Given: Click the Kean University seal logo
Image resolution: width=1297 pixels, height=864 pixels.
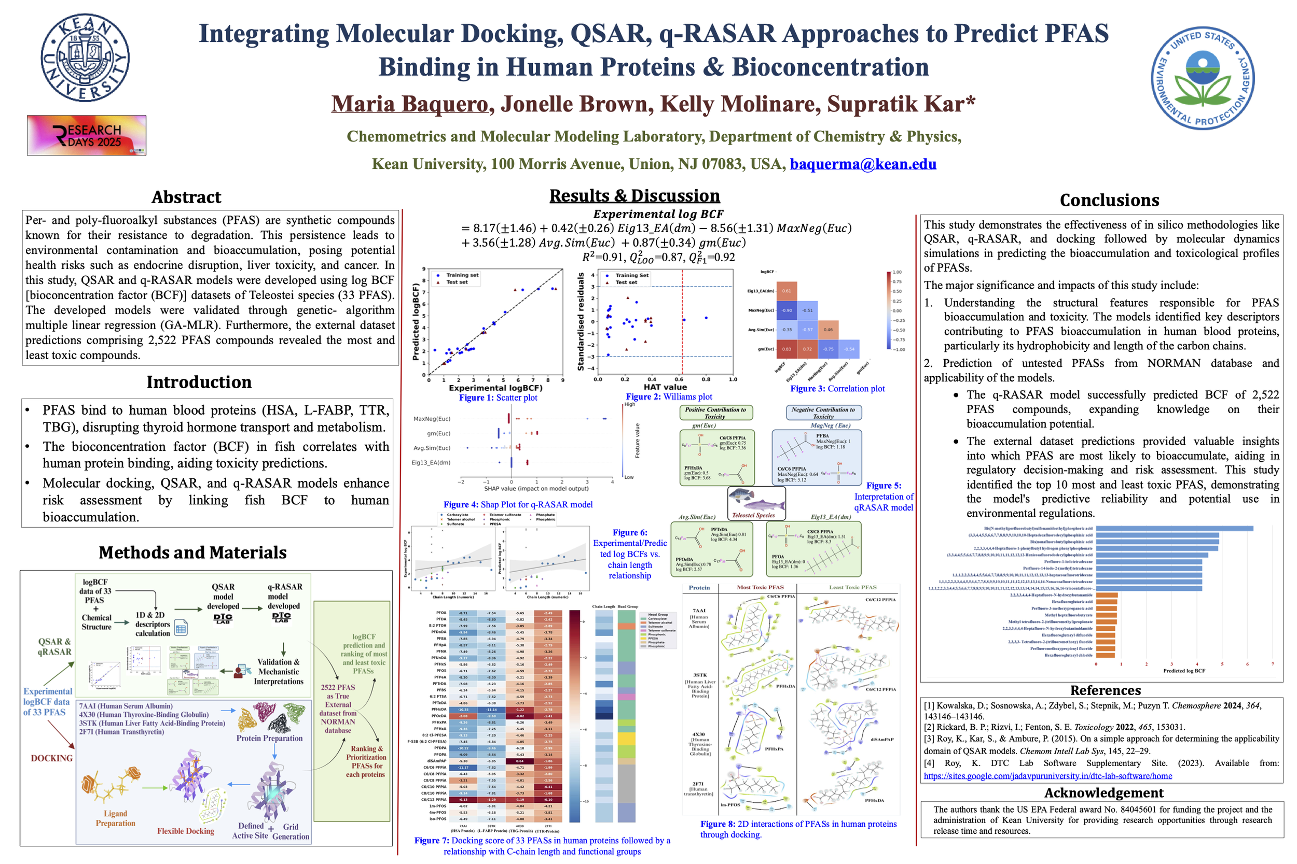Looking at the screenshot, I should click(85, 58).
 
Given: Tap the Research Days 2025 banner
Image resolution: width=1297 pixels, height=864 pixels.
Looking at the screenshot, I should click(87, 135).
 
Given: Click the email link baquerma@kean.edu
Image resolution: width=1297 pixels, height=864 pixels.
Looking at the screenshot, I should click(862, 164).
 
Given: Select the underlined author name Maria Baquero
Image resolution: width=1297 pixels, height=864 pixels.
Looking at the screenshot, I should click(410, 104).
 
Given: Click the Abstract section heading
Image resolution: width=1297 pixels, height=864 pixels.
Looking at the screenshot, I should click(186, 197).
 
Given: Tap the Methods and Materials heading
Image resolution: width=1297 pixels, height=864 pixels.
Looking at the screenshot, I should click(192, 552).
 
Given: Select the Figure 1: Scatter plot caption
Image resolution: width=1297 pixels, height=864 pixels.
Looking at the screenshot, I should click(498, 398).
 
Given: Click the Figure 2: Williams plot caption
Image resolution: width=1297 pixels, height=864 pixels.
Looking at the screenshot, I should click(668, 396).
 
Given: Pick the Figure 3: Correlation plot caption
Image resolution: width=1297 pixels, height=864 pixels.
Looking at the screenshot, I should click(837, 389).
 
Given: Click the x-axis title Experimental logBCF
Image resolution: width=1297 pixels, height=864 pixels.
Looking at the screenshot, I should click(495, 388).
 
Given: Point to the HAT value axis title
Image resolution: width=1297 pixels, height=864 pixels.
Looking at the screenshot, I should click(665, 387).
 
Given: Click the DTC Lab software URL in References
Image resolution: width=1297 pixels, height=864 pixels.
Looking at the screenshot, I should click(1048, 776).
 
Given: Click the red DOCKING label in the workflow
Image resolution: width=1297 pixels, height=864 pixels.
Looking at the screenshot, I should click(52, 758).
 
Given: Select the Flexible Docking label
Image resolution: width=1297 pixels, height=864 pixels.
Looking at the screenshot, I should click(185, 831).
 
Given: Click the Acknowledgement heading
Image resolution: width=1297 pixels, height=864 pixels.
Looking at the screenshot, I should click(1103, 792).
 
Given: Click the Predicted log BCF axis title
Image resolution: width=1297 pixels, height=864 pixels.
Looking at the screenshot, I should click(1184, 671).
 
